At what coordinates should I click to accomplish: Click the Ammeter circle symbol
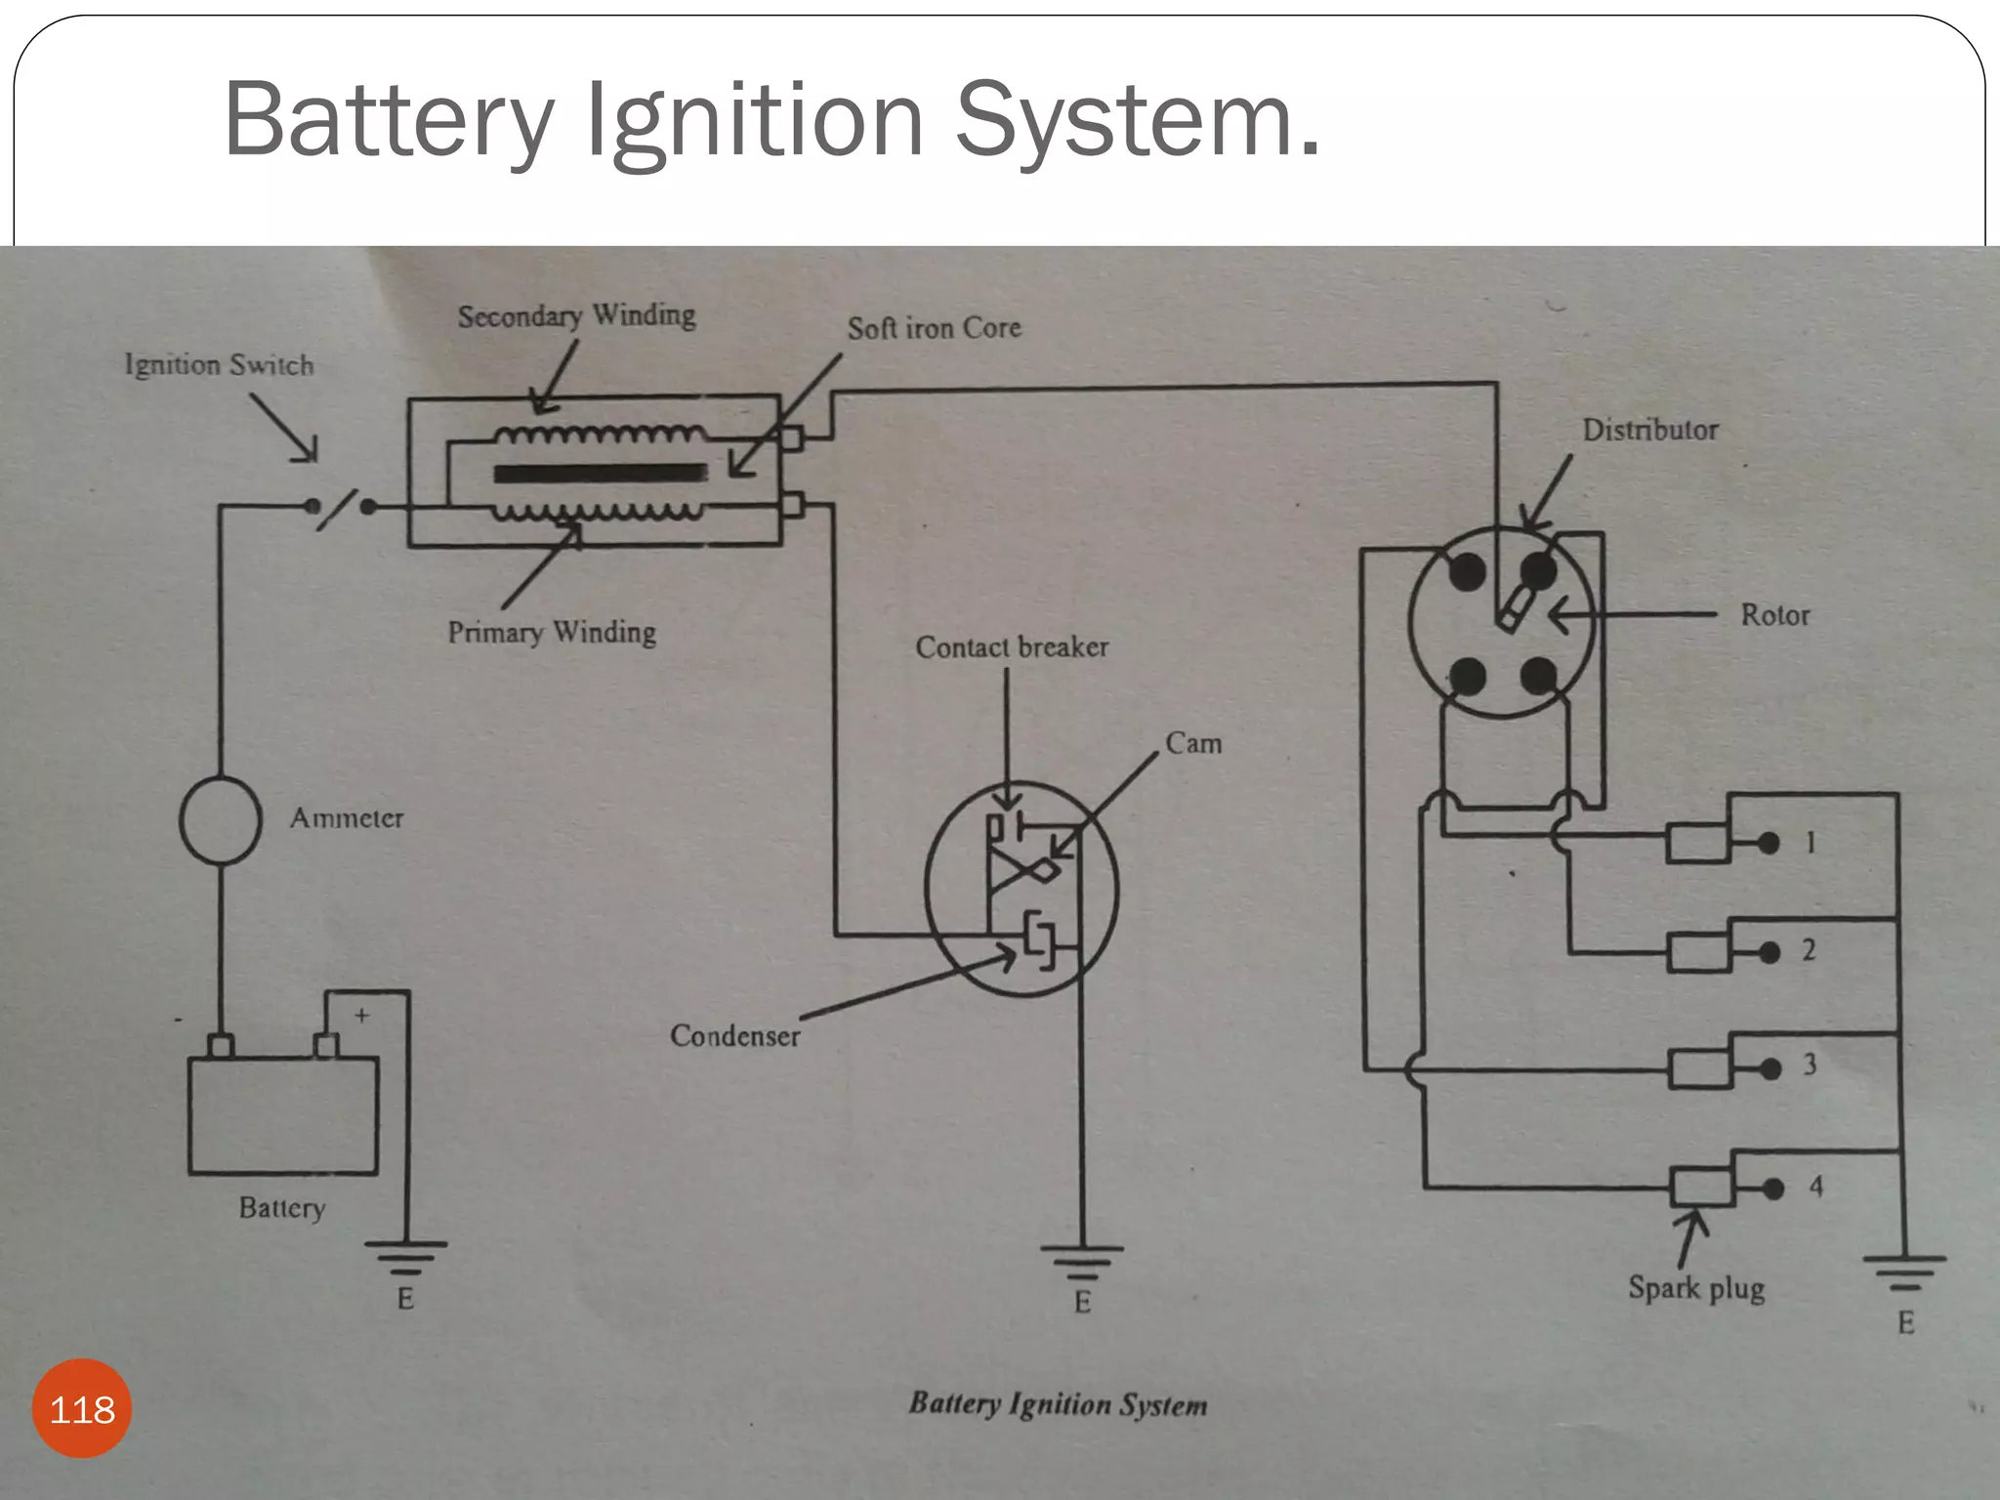(221, 820)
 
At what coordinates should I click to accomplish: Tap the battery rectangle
(282, 1115)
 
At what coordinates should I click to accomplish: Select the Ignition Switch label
(220, 365)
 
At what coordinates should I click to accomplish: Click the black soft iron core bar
(600, 474)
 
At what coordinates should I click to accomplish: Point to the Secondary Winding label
(577, 315)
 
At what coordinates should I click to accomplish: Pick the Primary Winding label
(552, 632)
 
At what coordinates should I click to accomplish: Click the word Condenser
(734, 1035)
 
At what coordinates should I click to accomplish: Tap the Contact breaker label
(1012, 646)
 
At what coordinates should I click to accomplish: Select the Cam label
(1193, 743)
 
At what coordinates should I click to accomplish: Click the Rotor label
(1774, 615)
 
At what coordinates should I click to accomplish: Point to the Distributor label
(1650, 430)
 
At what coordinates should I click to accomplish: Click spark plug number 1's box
(1697, 843)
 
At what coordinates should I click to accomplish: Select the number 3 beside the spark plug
(1810, 1063)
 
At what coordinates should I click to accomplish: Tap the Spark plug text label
(1696, 1288)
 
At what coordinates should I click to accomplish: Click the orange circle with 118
(82, 1408)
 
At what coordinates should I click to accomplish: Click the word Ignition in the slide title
(754, 120)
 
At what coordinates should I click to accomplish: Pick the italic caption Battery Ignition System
(1058, 1404)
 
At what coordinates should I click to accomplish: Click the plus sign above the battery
(361, 1016)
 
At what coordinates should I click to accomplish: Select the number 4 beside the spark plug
(1815, 1187)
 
